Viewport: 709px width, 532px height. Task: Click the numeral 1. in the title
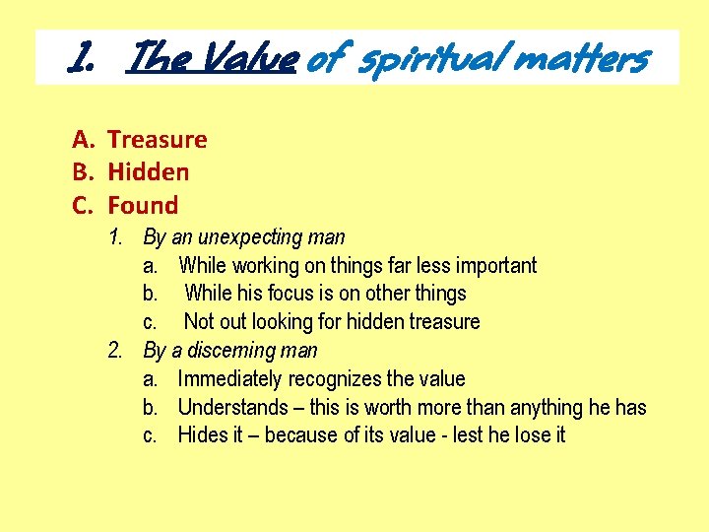pyautogui.click(x=83, y=59)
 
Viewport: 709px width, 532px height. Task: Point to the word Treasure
pyautogui.click(x=158, y=139)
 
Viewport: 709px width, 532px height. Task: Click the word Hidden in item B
pyautogui.click(x=148, y=172)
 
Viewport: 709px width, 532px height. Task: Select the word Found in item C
pyautogui.click(x=143, y=206)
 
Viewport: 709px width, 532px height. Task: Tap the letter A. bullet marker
pyautogui.click(x=83, y=139)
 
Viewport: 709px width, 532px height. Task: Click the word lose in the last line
pyautogui.click(x=528, y=435)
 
